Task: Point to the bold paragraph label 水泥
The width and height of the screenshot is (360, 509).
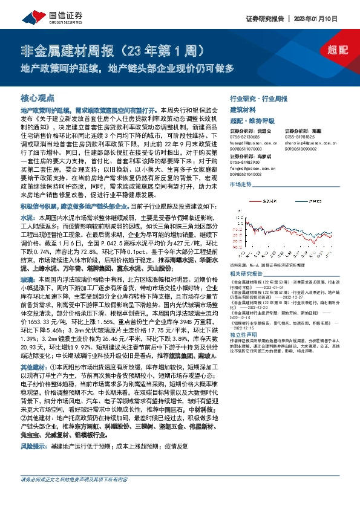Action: pyautogui.click(x=27, y=215)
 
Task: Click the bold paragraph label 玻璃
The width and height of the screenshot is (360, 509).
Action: pyautogui.click(x=27, y=263)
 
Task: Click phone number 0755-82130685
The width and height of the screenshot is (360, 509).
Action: pyautogui.click(x=245, y=137)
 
